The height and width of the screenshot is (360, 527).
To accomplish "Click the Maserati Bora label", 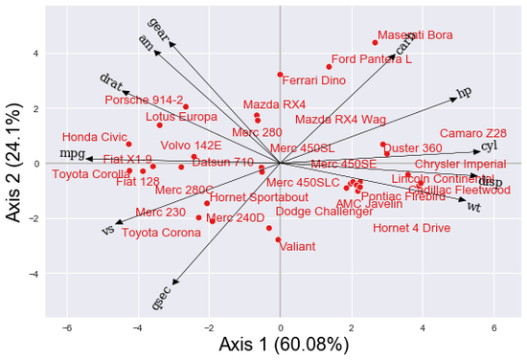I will pos(414,35).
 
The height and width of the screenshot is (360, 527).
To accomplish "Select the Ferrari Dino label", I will pos(314,80).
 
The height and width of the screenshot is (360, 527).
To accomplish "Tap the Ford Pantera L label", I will pos(371,58).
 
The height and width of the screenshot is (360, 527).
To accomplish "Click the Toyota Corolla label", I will pos(89,174).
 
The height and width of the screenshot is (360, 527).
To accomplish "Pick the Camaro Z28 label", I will pos(472,133).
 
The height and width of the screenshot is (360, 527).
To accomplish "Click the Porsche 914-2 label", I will pos(144,100).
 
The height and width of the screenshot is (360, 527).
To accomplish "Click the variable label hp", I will pos(465,93).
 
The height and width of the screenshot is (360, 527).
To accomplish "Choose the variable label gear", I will pos(159,28).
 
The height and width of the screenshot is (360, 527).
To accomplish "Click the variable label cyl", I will pos(489,146).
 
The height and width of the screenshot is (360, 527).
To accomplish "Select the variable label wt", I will pos(473,205).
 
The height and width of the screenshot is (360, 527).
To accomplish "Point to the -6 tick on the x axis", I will pos(67,328).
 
